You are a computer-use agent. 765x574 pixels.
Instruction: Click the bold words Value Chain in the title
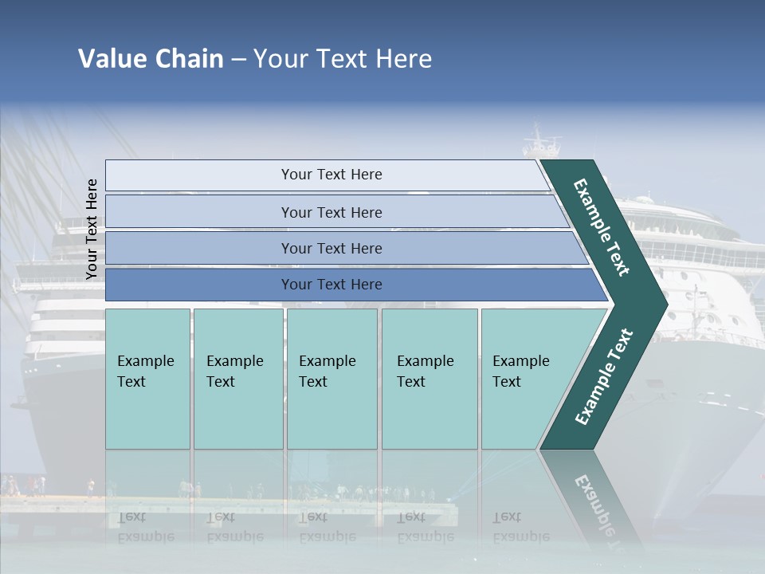tap(151, 59)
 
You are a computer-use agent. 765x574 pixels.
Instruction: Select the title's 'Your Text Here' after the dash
tap(343, 59)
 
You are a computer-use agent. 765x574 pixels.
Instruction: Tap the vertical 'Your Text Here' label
tap(92, 229)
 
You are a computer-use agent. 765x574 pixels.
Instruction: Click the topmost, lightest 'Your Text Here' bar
tap(331, 175)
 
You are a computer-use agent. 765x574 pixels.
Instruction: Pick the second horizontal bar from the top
tap(331, 212)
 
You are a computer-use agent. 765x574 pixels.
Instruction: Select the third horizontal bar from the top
tap(331, 248)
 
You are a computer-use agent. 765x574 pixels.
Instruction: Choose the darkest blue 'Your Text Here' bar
tap(331, 285)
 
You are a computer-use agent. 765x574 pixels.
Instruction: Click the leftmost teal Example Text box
tap(147, 379)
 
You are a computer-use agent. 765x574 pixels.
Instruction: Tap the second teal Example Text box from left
tap(237, 379)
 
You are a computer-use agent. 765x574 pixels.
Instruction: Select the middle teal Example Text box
tap(331, 379)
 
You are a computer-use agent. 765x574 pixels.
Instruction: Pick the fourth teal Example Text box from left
tap(429, 379)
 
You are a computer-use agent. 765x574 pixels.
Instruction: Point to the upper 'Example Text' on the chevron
tap(602, 227)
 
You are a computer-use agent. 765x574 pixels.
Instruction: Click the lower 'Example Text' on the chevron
tap(604, 376)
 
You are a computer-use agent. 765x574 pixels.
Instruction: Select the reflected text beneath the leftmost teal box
tap(145, 527)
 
